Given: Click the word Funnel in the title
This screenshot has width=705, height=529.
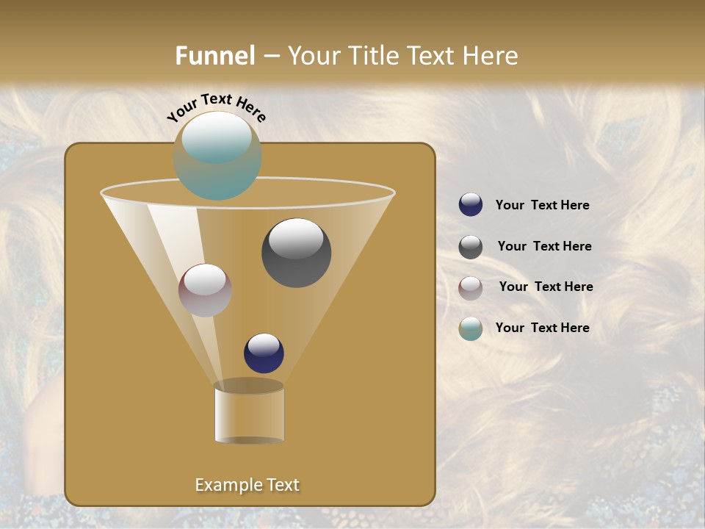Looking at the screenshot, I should (214, 56).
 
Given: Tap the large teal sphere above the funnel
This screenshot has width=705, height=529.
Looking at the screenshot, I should (217, 156).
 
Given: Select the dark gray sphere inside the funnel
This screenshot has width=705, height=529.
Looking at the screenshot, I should (296, 253).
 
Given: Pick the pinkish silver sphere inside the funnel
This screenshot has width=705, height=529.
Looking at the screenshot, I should (205, 290).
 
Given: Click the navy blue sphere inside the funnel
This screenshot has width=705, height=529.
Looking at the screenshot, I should (264, 353).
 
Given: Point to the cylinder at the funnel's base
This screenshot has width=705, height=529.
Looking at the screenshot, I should (249, 414).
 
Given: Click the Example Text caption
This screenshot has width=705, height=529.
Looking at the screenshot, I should (247, 485).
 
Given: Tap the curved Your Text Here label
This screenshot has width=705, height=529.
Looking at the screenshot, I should (216, 107).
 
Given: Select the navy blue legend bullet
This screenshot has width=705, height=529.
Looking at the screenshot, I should (471, 204).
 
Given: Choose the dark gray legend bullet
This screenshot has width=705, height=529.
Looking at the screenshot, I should (471, 247).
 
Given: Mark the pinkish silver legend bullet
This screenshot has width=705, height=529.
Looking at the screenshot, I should (471, 288).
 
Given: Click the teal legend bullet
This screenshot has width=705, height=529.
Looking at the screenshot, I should (471, 328).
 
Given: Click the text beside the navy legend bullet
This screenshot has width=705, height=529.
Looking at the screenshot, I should (542, 205).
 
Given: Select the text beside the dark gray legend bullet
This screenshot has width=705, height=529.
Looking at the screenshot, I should (544, 246).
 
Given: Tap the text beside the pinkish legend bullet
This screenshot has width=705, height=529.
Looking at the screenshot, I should (546, 287).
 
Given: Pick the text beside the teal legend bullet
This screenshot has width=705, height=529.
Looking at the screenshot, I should (542, 328).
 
